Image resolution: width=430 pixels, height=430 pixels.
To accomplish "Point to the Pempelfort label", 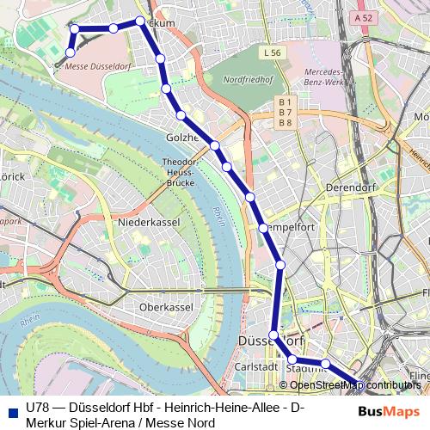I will [285, 229].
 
